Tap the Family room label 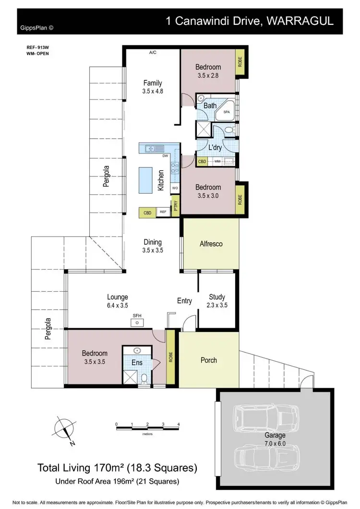[153, 83]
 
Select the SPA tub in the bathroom [225, 112]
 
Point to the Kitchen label [161, 180]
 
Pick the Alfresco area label [211, 244]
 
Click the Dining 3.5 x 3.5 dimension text [153, 250]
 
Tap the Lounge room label [117, 297]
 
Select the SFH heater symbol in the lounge [137, 322]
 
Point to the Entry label [184, 301]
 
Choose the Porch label [208, 360]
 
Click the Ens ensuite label [137, 363]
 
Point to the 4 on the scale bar [178, 425]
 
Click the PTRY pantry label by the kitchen [176, 206]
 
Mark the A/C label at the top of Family [153, 52]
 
